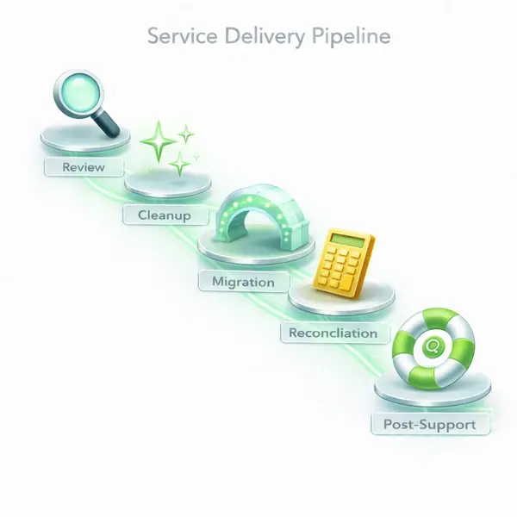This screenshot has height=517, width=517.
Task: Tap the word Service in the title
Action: point(177,37)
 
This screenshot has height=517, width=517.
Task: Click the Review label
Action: point(83,167)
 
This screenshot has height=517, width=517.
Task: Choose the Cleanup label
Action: point(164,215)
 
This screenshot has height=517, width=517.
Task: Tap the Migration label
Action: point(243,282)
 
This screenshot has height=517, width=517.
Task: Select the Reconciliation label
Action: point(333,333)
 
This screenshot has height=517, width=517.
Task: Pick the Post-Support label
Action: point(428,425)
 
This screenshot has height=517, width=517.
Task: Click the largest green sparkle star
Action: point(159,138)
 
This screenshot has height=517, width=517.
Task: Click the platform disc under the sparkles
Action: point(169,184)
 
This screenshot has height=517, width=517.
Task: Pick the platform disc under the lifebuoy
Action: point(433,392)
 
